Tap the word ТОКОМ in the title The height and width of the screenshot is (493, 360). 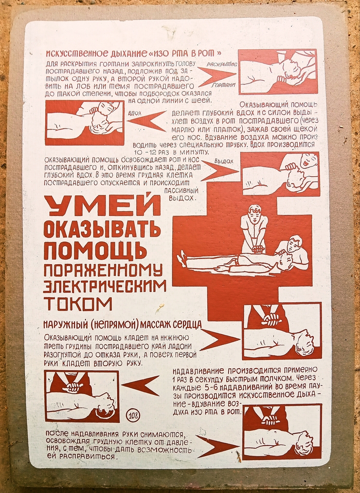pyautogui.click(x=78, y=303)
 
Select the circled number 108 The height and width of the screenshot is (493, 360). pyautogui.click(x=134, y=416)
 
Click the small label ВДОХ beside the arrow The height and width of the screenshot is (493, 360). pyautogui.click(x=135, y=112)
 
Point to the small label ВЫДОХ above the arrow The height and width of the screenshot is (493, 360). pyautogui.click(x=224, y=161)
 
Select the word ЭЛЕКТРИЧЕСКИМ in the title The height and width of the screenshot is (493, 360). pyautogui.click(x=104, y=286)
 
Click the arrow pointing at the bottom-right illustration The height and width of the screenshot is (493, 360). pyautogui.click(x=217, y=446)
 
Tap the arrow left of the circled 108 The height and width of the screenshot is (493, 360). pyautogui.click(x=140, y=386)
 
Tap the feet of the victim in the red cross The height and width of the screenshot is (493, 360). pyautogui.click(x=183, y=259)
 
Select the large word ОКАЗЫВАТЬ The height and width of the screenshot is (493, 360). pyautogui.click(x=102, y=229)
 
